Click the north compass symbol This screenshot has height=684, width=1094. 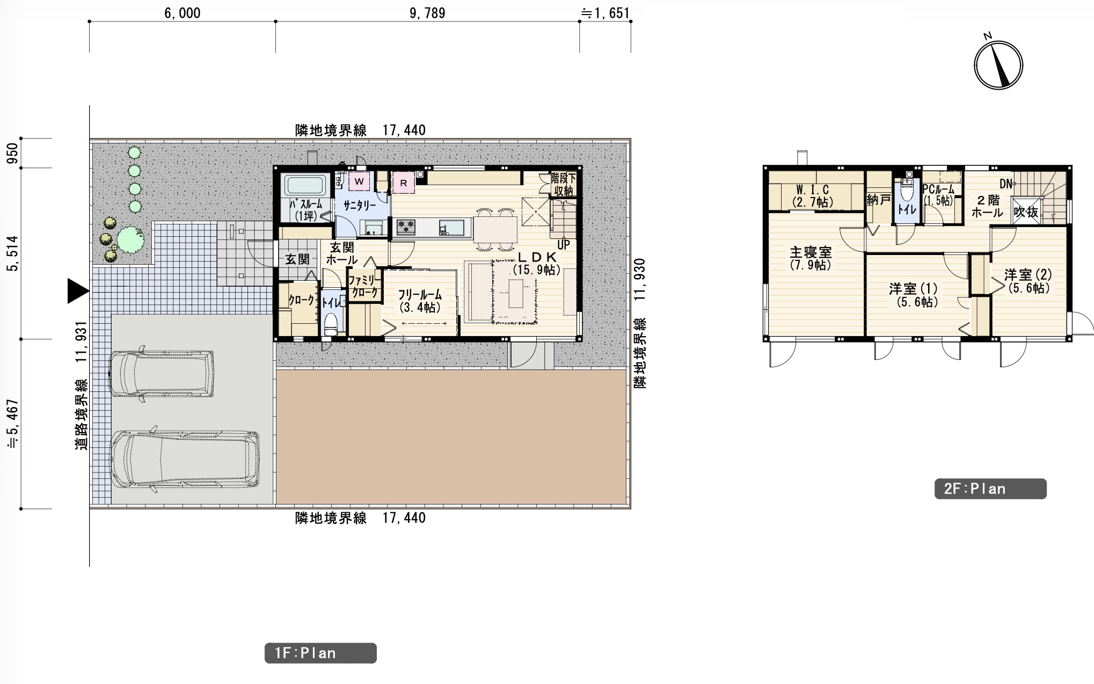pyautogui.click(x=998, y=65)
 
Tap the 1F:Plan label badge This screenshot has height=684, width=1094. pyautogui.click(x=320, y=653)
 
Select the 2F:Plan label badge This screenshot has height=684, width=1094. pyautogui.click(x=990, y=489)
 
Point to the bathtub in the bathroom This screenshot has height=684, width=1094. pyautogui.click(x=305, y=185)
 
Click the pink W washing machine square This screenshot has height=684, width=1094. pyautogui.click(x=359, y=181)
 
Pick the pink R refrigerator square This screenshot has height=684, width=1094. pyautogui.click(x=403, y=183)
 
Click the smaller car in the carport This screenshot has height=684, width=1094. pyautogui.click(x=161, y=374)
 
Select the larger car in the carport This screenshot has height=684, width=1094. pyautogui.click(x=184, y=460)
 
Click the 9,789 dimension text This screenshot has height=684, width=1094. pyautogui.click(x=427, y=13)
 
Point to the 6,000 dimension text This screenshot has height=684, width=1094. pyautogui.click(x=183, y=13)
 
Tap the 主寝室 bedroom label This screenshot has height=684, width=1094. pyautogui.click(x=811, y=252)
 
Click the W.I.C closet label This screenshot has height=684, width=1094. pyautogui.click(x=812, y=190)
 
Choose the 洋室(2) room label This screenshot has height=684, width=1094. pyautogui.click(x=1028, y=274)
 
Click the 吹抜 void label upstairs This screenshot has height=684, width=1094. pyautogui.click(x=1026, y=212)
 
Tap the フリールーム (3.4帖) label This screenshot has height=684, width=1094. pyautogui.click(x=420, y=301)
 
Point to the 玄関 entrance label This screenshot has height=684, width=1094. pyautogui.click(x=297, y=259)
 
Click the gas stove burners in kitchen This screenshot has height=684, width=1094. pyautogui.click(x=406, y=227)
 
